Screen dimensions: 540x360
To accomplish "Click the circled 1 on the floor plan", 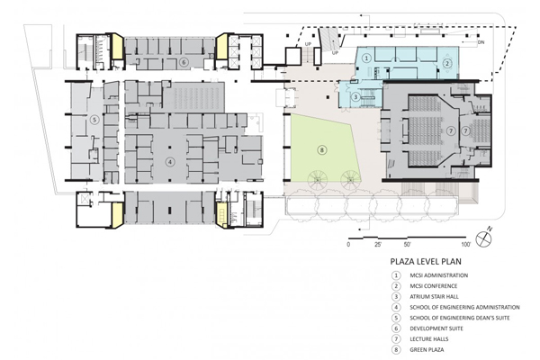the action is click(x=366, y=58).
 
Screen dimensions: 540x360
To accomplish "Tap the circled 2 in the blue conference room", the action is click(x=447, y=63).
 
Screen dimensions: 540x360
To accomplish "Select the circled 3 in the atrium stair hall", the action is click(x=356, y=97).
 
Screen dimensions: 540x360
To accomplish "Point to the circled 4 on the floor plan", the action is click(x=169, y=162).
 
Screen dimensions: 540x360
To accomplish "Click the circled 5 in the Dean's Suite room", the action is click(x=94, y=120).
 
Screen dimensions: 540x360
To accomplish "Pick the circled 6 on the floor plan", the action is click(x=184, y=62).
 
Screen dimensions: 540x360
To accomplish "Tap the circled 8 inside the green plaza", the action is click(x=322, y=150).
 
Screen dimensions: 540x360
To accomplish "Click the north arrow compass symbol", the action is click(x=483, y=238).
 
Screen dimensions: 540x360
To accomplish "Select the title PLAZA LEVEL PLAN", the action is click(x=426, y=262).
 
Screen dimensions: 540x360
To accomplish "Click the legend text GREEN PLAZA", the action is click(x=427, y=350).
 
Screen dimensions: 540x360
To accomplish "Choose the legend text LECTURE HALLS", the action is click(x=429, y=339).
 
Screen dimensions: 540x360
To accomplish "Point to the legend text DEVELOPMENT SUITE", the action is click(x=436, y=328).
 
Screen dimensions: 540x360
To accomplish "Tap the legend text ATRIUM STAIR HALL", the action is click(x=435, y=297).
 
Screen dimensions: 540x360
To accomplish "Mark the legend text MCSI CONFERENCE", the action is click(x=434, y=286).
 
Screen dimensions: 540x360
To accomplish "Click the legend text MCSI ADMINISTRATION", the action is click(x=439, y=275).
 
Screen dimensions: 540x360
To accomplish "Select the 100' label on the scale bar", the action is click(x=466, y=245).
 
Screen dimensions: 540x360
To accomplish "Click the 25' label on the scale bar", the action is click(x=378, y=245).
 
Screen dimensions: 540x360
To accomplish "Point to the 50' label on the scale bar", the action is click(x=407, y=245).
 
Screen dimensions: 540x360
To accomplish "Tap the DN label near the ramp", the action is click(x=481, y=42).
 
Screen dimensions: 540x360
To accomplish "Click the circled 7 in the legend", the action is click(x=396, y=339).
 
